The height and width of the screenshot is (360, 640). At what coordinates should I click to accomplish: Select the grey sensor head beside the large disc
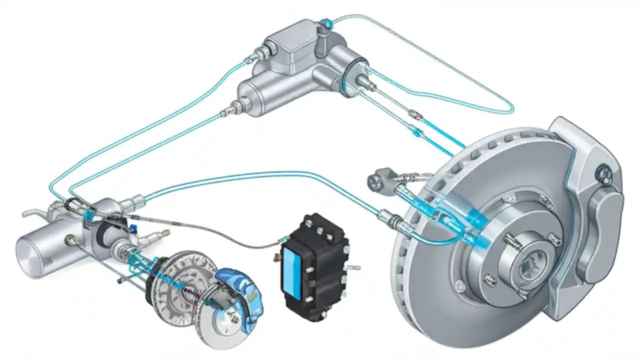tap(375, 181)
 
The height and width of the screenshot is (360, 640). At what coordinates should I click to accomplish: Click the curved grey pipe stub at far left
tap(31, 213)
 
